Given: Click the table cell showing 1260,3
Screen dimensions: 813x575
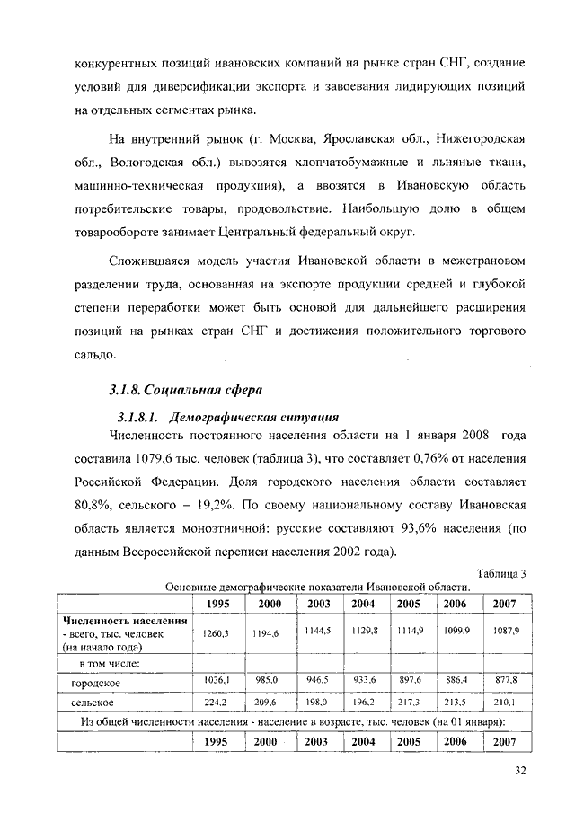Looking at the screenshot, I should tap(217, 633).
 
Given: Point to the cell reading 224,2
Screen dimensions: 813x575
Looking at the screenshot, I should tap(217, 702).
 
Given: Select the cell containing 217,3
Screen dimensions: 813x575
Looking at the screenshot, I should tap(409, 702).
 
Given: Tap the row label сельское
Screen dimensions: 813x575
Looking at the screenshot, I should tap(92, 702).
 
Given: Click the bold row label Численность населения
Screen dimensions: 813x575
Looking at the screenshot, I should tap(125, 621).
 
